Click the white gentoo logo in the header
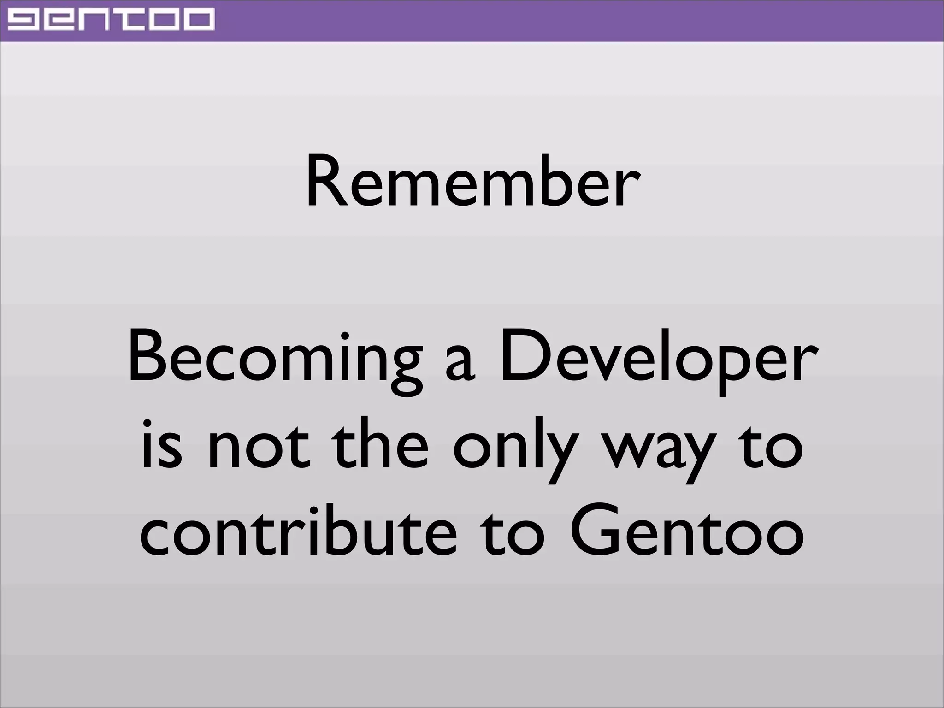pyautogui.click(x=111, y=20)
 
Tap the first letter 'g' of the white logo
pyautogui.click(x=26, y=20)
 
